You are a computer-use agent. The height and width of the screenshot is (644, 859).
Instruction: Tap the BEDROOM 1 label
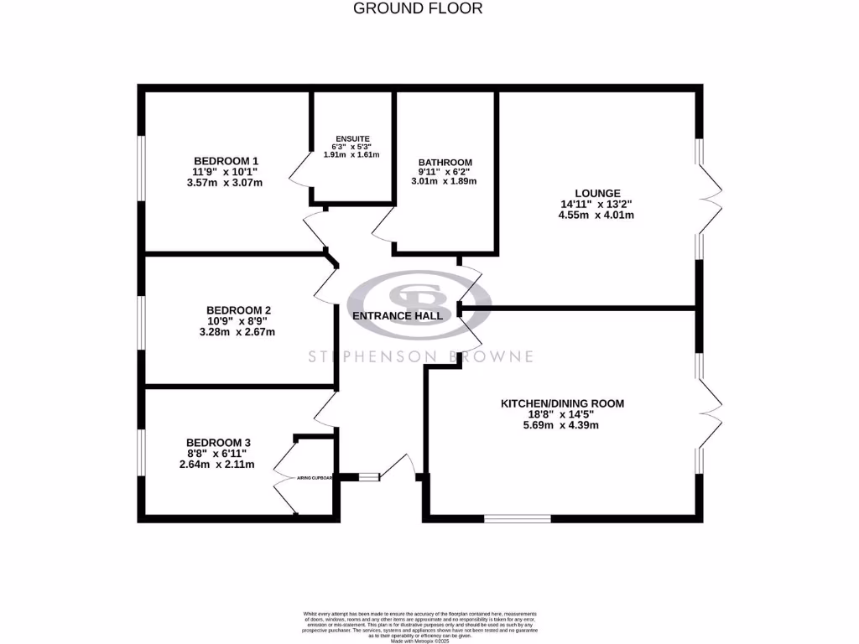point(226,161)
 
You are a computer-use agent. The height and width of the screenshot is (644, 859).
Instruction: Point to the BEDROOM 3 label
point(218,443)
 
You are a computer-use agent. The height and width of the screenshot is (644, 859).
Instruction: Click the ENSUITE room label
point(351,138)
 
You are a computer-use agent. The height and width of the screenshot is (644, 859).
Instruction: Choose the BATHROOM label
point(445,163)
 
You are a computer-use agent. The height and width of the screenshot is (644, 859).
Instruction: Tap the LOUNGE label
point(596,193)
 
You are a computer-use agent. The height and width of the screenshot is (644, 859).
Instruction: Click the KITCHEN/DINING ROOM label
point(562,403)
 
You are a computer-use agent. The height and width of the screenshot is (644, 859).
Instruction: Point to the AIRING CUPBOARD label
point(315,478)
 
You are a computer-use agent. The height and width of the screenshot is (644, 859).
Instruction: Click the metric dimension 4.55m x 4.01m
point(596,215)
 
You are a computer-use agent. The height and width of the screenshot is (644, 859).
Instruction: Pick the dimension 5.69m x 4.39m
point(561,425)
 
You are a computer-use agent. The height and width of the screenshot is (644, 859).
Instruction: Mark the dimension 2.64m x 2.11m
point(217,465)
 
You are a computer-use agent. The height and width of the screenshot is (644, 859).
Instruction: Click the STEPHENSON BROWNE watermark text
point(420,357)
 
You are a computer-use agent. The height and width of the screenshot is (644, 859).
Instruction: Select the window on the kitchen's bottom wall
point(518,518)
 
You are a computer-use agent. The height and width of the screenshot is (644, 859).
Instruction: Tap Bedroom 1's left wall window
point(142,168)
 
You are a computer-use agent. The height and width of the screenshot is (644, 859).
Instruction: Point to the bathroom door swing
point(382,225)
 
